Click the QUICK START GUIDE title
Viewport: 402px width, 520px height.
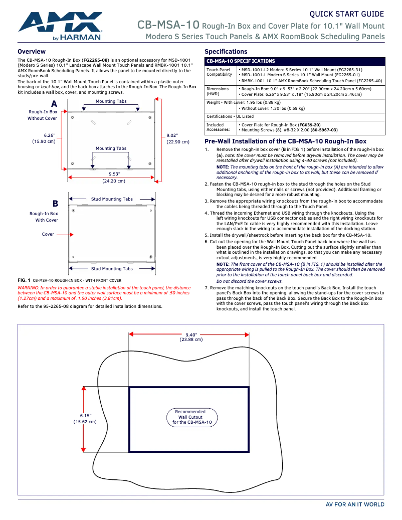point(347,14)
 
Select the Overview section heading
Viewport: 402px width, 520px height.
point(32,52)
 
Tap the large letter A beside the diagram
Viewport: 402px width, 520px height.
point(54,103)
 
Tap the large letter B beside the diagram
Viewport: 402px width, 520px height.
point(55,204)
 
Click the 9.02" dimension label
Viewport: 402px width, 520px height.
point(178,138)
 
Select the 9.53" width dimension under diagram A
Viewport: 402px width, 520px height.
point(113,177)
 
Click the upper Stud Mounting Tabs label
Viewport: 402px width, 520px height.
point(112,199)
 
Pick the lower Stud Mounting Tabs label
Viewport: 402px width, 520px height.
point(112,269)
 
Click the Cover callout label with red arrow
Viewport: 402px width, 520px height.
point(48,234)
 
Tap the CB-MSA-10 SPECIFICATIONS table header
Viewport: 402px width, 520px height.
point(241,61)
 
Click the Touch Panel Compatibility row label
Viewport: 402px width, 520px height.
point(219,72)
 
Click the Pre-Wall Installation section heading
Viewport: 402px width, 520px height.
point(285,141)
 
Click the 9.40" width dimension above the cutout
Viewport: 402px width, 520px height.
point(191,337)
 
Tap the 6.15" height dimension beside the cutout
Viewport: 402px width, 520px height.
point(85,419)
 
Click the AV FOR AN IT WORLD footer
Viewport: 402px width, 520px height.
point(355,504)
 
